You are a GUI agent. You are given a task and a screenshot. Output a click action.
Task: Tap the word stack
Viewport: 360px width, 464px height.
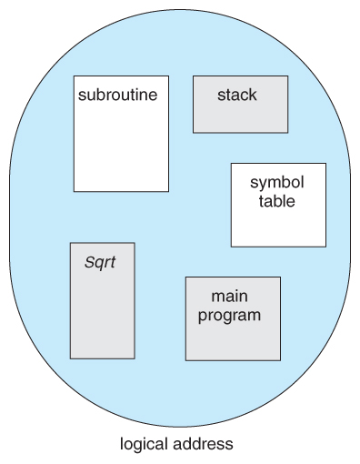coord(236,95)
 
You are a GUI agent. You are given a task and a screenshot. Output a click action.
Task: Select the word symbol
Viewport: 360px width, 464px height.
coord(276,183)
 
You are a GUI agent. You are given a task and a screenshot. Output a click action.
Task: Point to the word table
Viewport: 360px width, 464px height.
coord(276,201)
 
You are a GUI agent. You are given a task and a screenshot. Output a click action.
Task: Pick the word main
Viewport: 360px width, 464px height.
coord(230,297)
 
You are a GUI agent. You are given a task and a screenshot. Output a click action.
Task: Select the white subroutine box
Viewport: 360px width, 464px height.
coord(121,146)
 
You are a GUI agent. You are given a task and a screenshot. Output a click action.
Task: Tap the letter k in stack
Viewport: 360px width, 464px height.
coord(253,95)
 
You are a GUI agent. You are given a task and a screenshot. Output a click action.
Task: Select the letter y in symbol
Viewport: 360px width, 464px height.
coord(264,184)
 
